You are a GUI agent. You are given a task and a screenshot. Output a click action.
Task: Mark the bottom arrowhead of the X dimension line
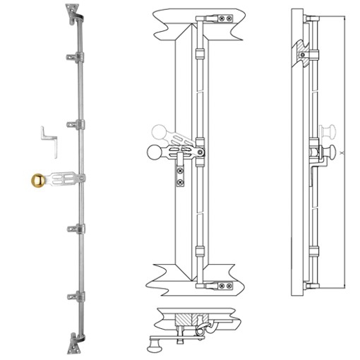coord(345,285)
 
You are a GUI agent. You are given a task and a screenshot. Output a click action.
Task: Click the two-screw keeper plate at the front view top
coord(224,18)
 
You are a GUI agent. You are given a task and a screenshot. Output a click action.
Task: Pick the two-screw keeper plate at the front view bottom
coord(224,285)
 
